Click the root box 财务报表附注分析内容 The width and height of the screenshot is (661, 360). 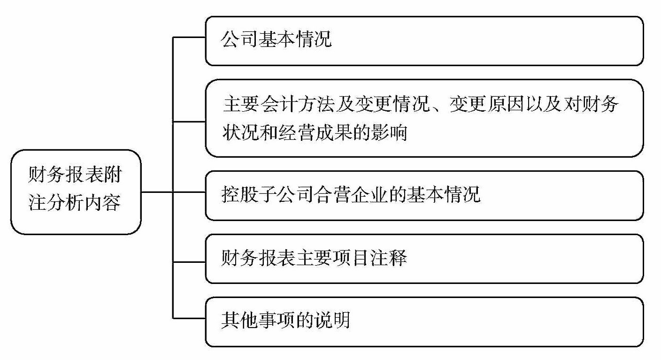[x=76, y=192]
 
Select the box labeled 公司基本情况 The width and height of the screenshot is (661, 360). [x=424, y=41]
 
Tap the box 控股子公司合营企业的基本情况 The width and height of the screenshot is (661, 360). [x=424, y=195]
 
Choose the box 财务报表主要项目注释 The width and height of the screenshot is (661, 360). [x=424, y=259]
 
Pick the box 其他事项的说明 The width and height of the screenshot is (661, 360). [x=424, y=322]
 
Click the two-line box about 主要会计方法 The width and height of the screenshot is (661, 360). [x=424, y=118]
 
